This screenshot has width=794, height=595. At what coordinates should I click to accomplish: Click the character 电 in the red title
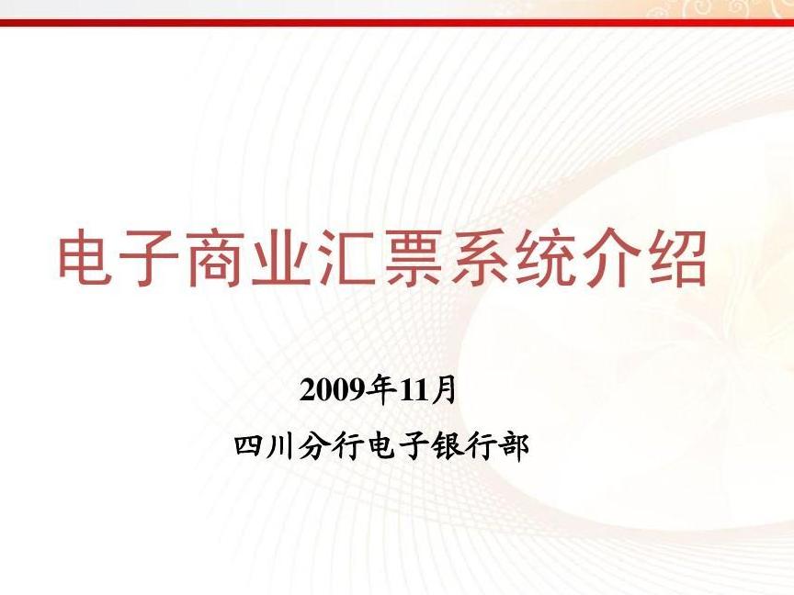(x=85, y=257)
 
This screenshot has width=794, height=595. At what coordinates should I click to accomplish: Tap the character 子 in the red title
(x=150, y=257)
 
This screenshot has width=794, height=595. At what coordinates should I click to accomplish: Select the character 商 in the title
(x=216, y=257)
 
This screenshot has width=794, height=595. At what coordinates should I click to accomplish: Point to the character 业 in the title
(x=281, y=257)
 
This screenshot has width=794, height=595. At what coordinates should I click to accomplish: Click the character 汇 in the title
(x=346, y=257)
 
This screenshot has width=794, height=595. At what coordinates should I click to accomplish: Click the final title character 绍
(x=677, y=257)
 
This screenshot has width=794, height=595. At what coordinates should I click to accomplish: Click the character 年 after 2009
(x=383, y=389)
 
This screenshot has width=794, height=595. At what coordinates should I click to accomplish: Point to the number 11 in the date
(x=414, y=390)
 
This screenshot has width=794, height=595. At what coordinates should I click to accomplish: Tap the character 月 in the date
(x=444, y=389)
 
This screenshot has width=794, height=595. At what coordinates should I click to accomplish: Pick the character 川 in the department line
(x=281, y=446)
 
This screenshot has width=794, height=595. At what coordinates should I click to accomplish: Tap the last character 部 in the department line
(x=515, y=446)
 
